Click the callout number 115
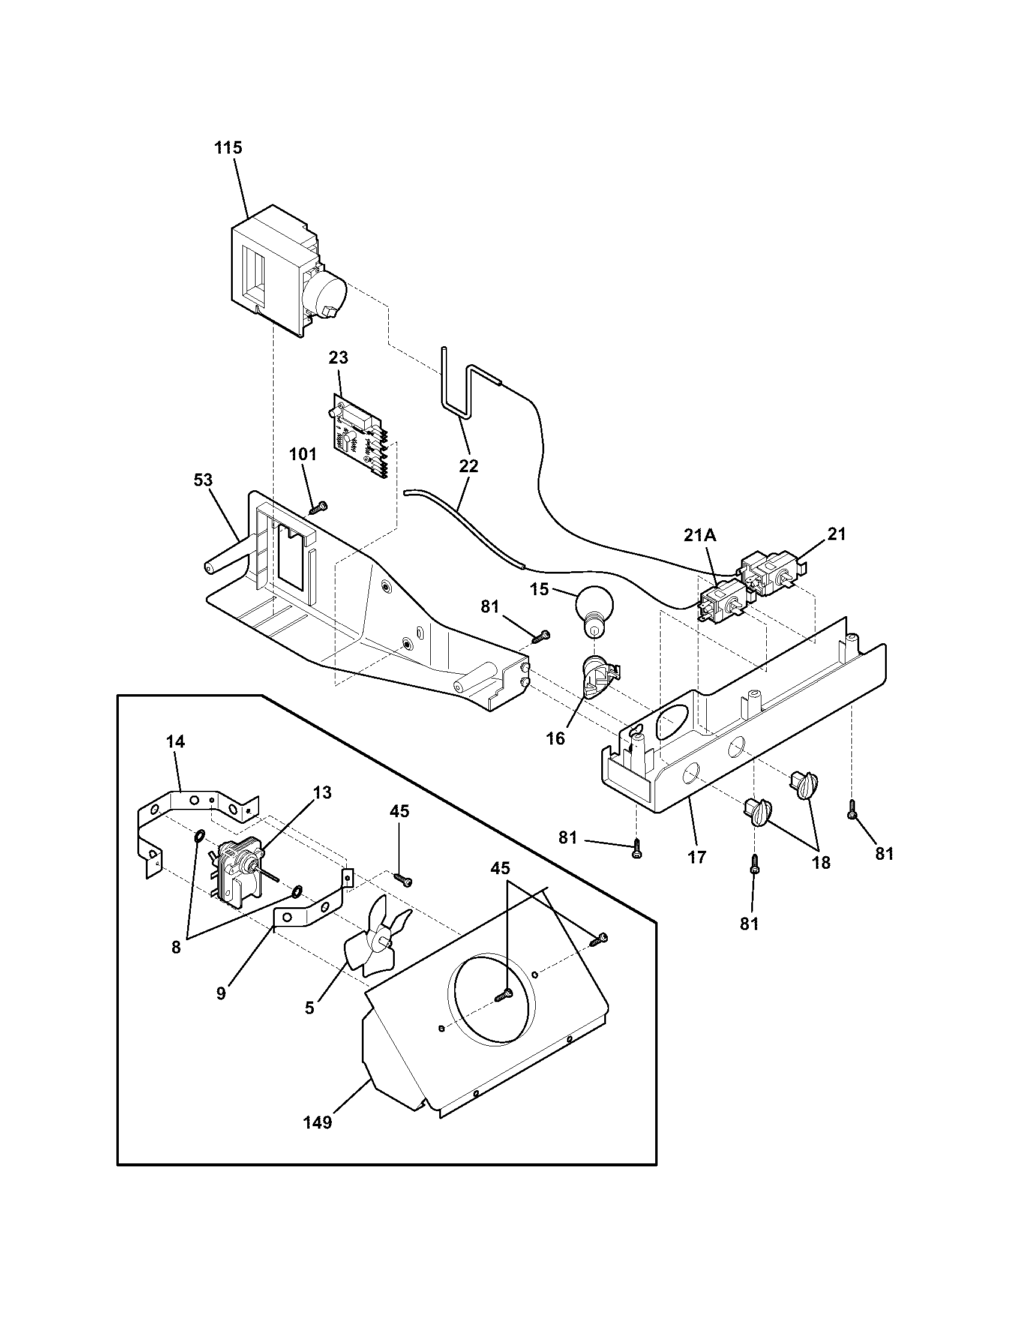pyautogui.click(x=229, y=148)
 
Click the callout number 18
pyautogui.click(x=821, y=862)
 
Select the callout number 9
pyautogui.click(x=221, y=993)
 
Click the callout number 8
pyautogui.click(x=176, y=947)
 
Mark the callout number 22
pyautogui.click(x=469, y=466)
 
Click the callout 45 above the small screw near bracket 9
pyautogui.click(x=400, y=811)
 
